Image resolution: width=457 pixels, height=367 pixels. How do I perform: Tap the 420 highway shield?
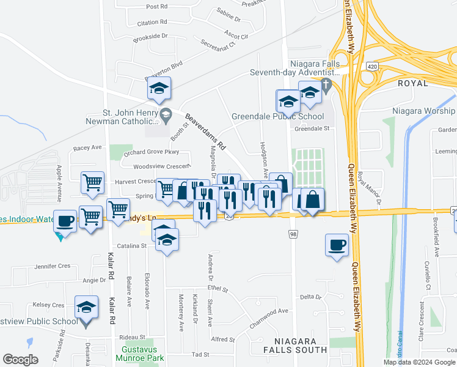point(371,65)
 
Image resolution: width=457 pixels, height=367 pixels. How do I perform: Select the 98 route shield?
point(294,234)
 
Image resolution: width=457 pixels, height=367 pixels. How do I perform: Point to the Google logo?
point(20,360)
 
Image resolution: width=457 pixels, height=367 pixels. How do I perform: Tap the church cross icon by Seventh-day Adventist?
point(326,84)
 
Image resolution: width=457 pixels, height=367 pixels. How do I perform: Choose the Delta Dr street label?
point(310,297)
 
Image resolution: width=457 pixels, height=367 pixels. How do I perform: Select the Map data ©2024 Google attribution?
point(420,362)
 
